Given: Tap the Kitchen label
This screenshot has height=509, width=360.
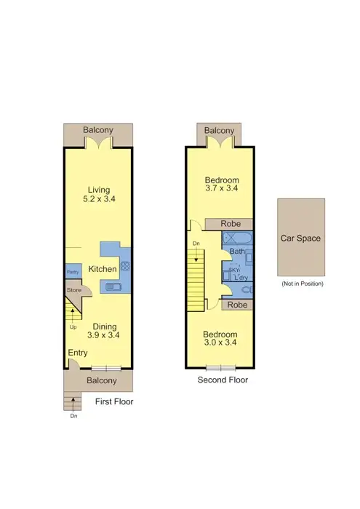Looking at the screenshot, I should pos(103,270).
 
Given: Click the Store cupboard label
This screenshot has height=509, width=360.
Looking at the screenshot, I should pos(74,291).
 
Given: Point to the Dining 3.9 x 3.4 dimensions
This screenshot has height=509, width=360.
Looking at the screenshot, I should pos(103,335).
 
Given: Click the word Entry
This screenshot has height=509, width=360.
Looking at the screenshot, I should pos(78,353).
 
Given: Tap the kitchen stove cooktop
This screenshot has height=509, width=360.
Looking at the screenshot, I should pos(124,266).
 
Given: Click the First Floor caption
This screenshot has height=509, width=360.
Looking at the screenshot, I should pos(114,401).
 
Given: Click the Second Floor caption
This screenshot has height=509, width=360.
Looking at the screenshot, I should pos(223,380).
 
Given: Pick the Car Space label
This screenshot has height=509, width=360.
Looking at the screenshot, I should pos(300,238).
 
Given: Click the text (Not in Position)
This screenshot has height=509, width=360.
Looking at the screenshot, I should pos(302,284).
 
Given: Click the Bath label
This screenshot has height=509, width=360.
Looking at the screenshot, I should pos(236,252).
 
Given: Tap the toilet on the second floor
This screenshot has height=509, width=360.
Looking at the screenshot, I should pos(245,289).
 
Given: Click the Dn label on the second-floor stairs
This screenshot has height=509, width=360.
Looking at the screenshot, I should pos(196,244).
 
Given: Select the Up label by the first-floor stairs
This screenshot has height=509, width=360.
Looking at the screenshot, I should pos(73,326).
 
